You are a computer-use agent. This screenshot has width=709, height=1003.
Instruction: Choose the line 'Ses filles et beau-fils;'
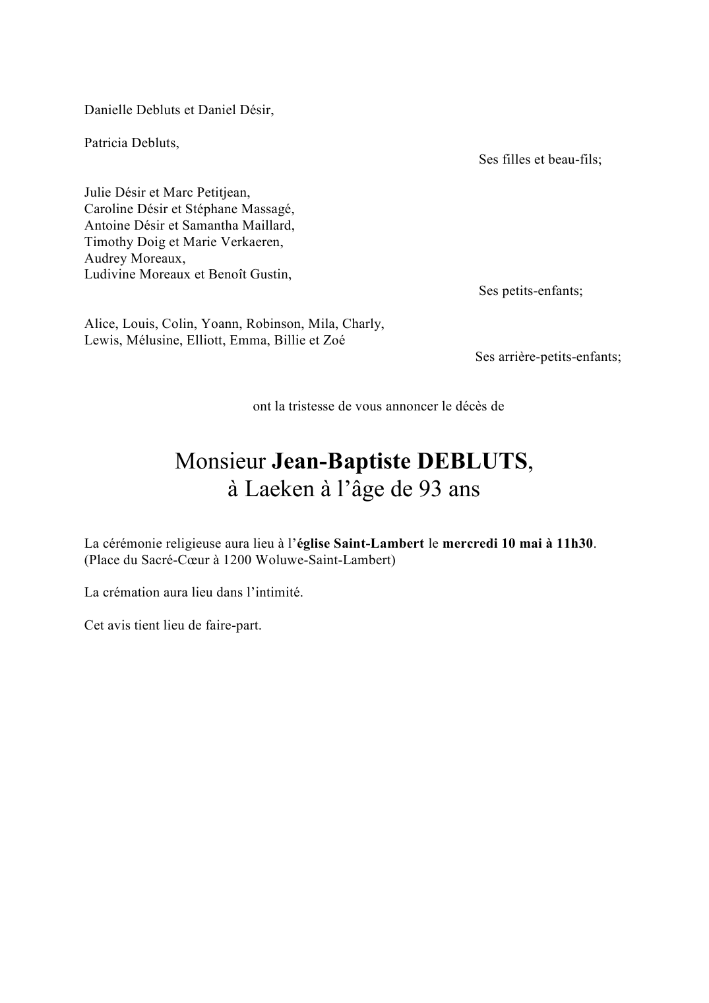point(540,160)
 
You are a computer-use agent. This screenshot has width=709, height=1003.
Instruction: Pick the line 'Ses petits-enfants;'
point(530,291)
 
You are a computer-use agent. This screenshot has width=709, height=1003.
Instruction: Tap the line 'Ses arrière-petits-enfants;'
point(548,357)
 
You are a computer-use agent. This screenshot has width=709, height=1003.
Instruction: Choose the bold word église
point(313,544)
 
